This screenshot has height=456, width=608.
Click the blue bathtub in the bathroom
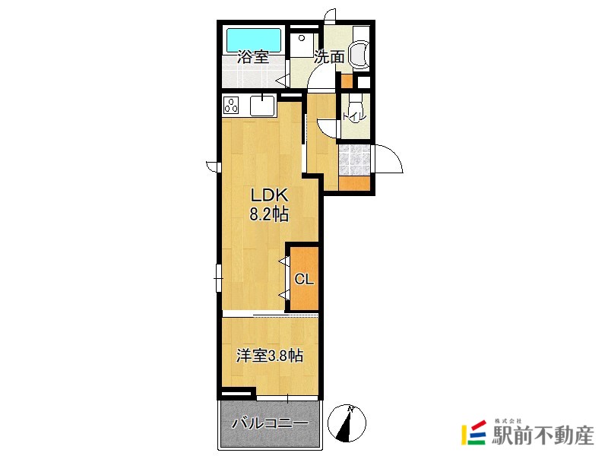[254, 40]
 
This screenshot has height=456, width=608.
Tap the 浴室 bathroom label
[253, 58]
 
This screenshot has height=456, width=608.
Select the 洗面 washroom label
[329, 57]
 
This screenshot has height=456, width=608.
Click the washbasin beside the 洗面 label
[359, 55]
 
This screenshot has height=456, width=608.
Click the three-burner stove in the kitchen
[231, 106]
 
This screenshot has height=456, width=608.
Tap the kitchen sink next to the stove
[262, 106]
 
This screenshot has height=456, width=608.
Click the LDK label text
[269, 195]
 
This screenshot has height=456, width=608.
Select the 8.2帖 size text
[269, 214]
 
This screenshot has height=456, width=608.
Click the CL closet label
[304, 279]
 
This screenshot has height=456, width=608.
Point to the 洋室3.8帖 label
[270, 356]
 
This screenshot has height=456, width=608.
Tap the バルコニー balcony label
[270, 423]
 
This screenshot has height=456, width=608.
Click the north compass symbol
[347, 423]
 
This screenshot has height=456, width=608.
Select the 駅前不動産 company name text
[543, 435]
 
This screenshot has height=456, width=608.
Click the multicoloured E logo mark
[473, 432]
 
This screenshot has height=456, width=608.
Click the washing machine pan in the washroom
[303, 45]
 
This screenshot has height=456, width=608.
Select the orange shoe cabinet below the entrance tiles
[354, 183]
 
